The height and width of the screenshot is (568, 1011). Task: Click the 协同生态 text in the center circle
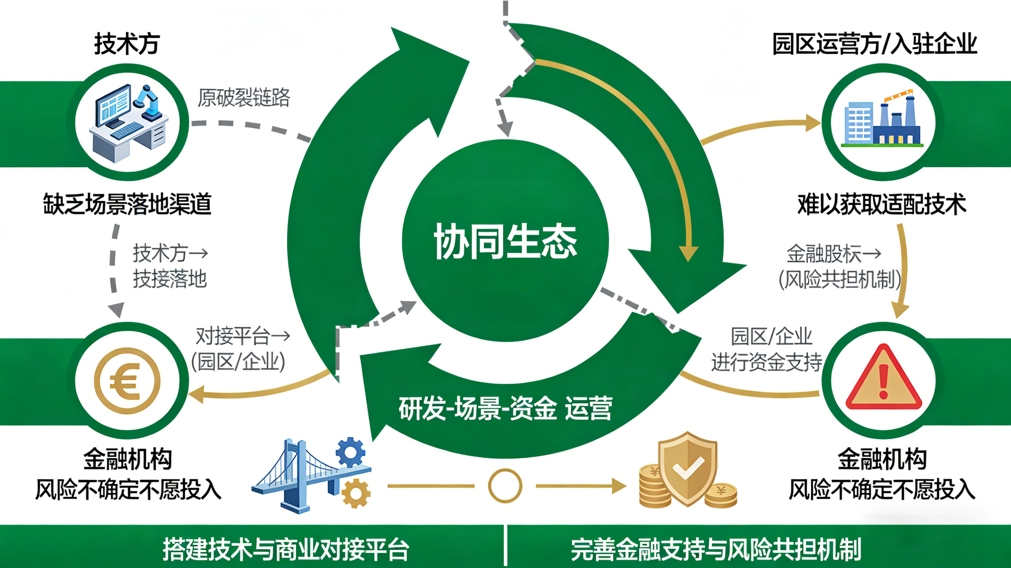[x=505, y=242]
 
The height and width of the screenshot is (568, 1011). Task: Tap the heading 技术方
[x=127, y=44]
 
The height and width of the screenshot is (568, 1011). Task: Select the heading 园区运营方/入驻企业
[x=874, y=44]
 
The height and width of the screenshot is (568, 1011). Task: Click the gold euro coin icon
[x=127, y=380]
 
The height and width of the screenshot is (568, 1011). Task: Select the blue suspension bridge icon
[x=298, y=475]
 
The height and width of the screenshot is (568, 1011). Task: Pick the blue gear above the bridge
[x=350, y=452]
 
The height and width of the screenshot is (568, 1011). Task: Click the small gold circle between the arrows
[x=505, y=485]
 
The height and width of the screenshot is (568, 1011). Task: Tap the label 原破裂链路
[x=243, y=98]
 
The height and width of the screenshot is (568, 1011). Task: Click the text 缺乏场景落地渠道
[x=127, y=204]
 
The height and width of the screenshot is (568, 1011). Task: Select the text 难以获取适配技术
[x=881, y=204]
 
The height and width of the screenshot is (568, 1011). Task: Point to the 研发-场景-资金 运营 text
[x=505, y=409]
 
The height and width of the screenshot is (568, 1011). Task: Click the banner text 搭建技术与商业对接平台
[x=286, y=549]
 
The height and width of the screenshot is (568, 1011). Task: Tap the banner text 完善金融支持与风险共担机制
[x=716, y=549]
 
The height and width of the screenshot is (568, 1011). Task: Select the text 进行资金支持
[x=766, y=362]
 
